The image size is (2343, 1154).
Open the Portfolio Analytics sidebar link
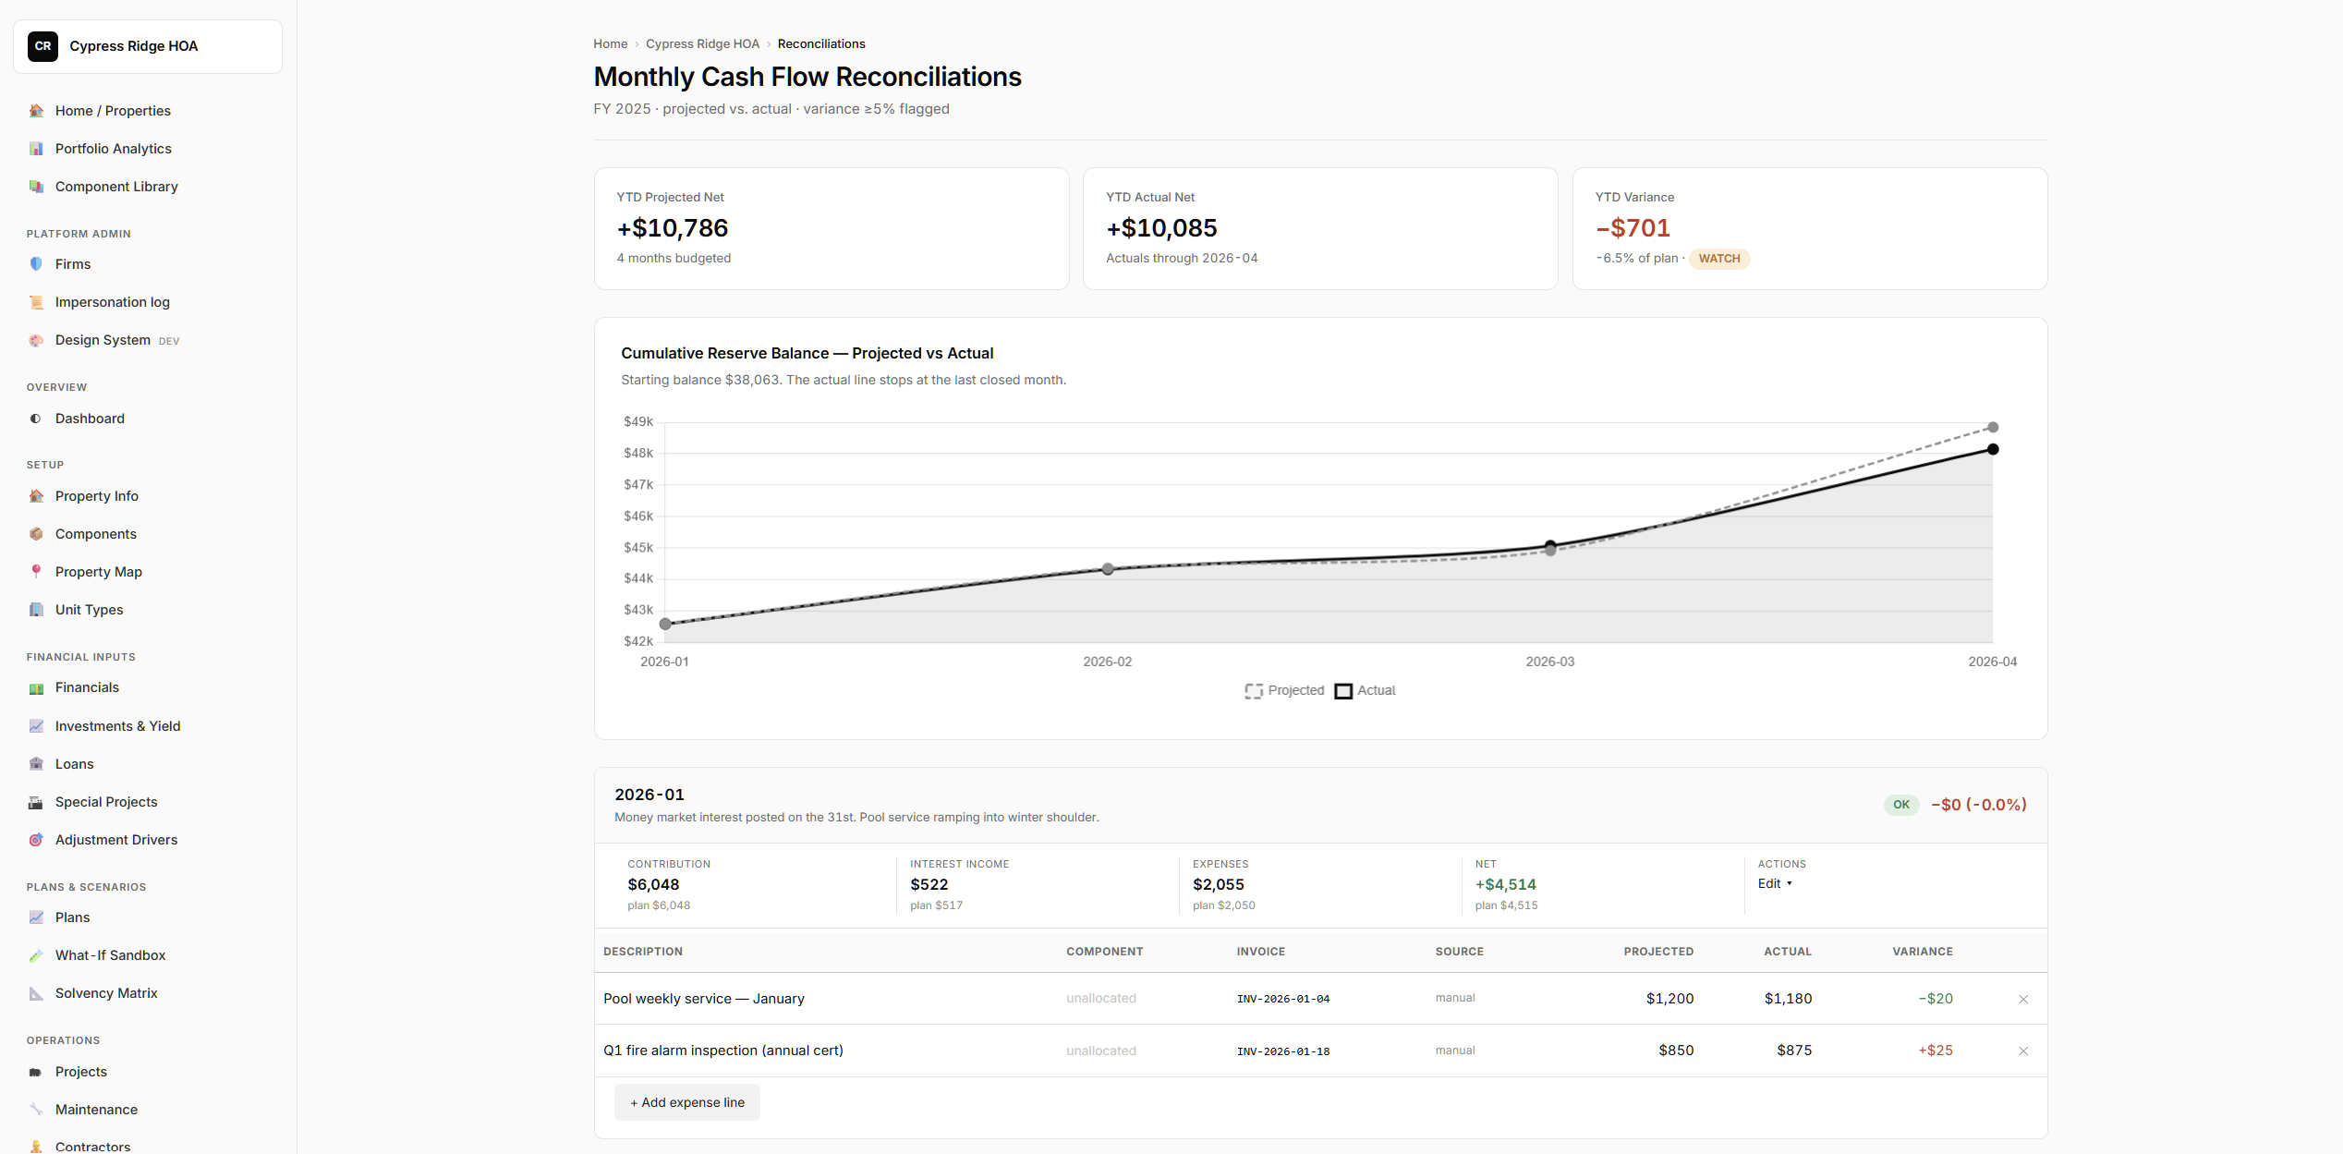(113, 149)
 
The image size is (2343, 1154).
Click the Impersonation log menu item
(112, 302)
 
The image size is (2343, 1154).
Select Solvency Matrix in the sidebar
(106, 993)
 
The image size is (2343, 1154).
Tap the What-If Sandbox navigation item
(110, 955)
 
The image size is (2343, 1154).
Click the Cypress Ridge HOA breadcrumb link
(702, 44)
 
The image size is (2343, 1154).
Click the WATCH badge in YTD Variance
(1719, 259)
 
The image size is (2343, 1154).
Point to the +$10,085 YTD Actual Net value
(1161, 228)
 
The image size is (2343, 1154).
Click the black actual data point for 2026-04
(1993, 450)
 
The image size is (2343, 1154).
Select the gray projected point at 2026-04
(1993, 428)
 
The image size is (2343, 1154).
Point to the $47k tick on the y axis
(638, 484)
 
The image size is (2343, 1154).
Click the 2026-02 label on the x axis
(1107, 662)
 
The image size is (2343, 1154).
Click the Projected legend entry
(1284, 690)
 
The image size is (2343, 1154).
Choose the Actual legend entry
(1365, 690)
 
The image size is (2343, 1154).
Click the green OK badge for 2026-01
(1901, 805)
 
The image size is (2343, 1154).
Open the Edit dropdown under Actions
(1775, 884)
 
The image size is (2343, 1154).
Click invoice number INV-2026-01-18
(1283, 1051)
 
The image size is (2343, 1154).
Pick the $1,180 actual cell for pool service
(1788, 999)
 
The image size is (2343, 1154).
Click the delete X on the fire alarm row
(2023, 1051)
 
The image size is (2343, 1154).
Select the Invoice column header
(1261, 952)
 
